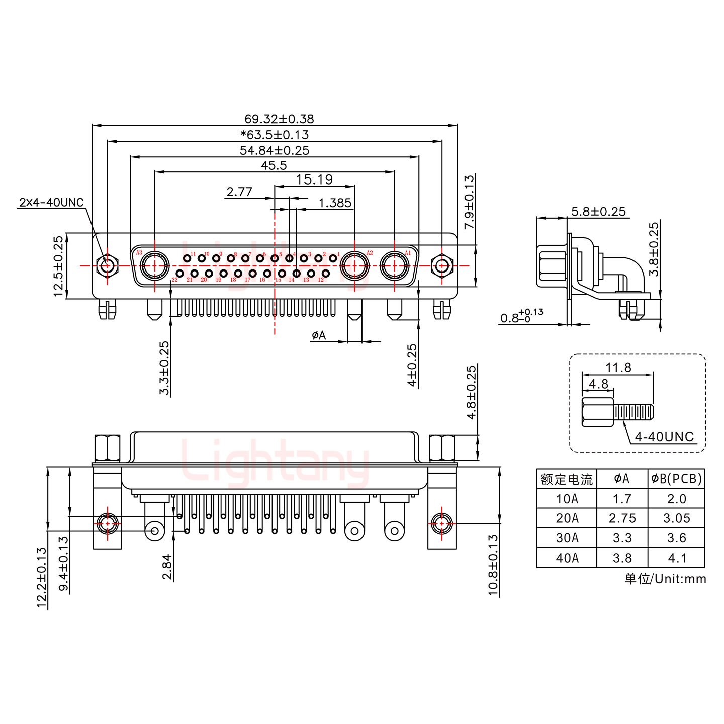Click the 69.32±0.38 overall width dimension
pos(279,119)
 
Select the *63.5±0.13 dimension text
pos(275,135)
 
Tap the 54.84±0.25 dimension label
pos(275,150)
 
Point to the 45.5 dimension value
pos(274,165)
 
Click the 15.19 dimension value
pos(314,179)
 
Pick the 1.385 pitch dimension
pos(335,203)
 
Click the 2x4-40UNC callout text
pos(51,203)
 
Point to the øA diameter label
pos(319,335)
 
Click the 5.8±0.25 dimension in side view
pos(598,212)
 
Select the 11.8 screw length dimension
pos(618,368)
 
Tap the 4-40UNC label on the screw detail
pos(664,437)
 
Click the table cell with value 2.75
pos(622,518)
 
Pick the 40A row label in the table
pos(567,558)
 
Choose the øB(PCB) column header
pos(676,479)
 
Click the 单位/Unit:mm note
pos(665,579)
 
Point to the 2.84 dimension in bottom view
pos(167,567)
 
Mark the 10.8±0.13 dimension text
pos(493,565)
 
